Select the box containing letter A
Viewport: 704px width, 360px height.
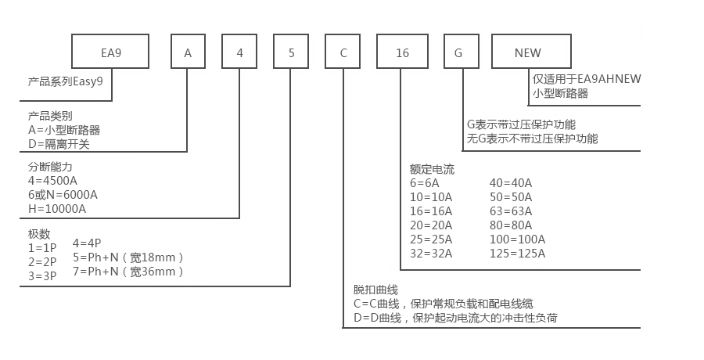188,53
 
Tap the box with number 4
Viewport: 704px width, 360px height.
239,53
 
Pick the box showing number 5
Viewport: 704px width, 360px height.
291,53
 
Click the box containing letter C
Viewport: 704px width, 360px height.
343,53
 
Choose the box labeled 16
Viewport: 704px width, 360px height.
402,53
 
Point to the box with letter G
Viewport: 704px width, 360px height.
458,53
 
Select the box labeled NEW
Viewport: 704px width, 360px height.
527,53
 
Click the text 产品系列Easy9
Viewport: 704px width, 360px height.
66,81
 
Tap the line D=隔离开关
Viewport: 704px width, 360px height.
58,143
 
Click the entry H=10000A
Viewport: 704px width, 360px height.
57,209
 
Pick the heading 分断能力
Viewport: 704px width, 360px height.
50,167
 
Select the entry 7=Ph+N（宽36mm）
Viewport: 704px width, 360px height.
128,272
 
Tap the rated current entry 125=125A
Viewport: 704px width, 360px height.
517,253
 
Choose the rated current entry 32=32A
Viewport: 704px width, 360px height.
431,253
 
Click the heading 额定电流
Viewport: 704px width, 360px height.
432,168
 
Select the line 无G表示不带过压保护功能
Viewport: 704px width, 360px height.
533,139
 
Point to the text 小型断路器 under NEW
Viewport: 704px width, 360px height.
560,93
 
